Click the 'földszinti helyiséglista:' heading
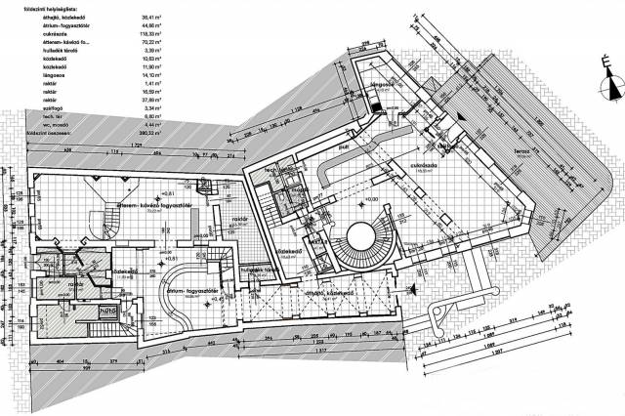[37, 7]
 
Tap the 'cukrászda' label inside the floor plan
[422, 165]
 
